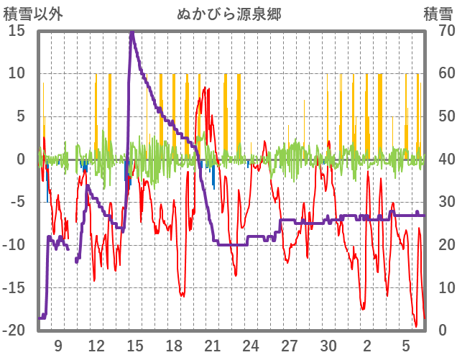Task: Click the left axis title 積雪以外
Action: pos(34,14)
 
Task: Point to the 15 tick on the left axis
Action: pos(17,30)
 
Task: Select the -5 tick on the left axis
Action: pos(17,202)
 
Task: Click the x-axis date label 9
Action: pos(57,345)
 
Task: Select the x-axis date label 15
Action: pos(135,345)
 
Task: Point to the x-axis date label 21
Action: pos(212,345)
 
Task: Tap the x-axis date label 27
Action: pos(290,345)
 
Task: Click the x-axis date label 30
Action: pos(328,345)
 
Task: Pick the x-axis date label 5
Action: pos(406,345)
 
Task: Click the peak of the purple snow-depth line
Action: pos(131,32)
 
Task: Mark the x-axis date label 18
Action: pos(174,345)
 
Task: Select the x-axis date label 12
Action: pos(96,345)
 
